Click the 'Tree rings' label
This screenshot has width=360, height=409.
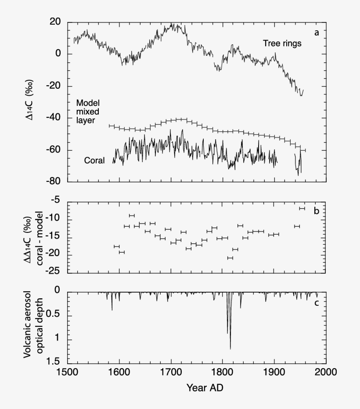click(x=282, y=43)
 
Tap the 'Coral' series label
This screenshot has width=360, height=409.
click(x=94, y=161)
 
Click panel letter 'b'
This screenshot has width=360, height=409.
click(x=316, y=211)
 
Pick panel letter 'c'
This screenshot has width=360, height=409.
click(x=316, y=302)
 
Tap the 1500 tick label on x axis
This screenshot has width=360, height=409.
click(x=67, y=372)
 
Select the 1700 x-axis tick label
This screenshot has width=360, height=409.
click(x=171, y=372)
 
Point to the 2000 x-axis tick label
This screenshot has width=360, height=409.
click(x=326, y=372)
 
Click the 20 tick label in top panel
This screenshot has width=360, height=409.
click(x=55, y=22)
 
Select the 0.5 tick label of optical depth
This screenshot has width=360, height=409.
click(x=54, y=315)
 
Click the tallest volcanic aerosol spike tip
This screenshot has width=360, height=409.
click(x=230, y=349)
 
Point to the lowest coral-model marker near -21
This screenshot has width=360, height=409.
click(x=230, y=258)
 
